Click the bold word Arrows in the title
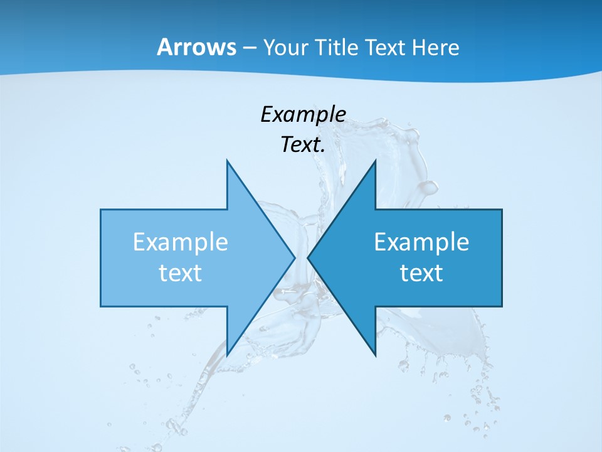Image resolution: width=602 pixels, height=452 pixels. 196,47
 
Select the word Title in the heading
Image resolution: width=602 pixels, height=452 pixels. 338,48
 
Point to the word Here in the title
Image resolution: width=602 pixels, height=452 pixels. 436,48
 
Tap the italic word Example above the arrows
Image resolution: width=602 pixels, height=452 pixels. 303,115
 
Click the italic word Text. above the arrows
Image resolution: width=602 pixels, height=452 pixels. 303,145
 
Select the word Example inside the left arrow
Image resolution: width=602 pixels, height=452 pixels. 180,242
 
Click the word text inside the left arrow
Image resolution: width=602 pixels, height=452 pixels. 180,273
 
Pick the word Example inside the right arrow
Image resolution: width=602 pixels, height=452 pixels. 421,242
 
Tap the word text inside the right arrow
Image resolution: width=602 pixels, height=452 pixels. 421,273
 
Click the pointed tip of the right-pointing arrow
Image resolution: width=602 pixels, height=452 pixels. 295,257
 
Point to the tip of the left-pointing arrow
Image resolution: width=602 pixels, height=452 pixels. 307,257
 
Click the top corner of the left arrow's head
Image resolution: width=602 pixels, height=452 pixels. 227,160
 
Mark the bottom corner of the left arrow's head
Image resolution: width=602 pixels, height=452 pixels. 227,356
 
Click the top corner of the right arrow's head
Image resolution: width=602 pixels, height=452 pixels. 375,160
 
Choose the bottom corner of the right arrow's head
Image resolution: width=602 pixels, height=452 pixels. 375,356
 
